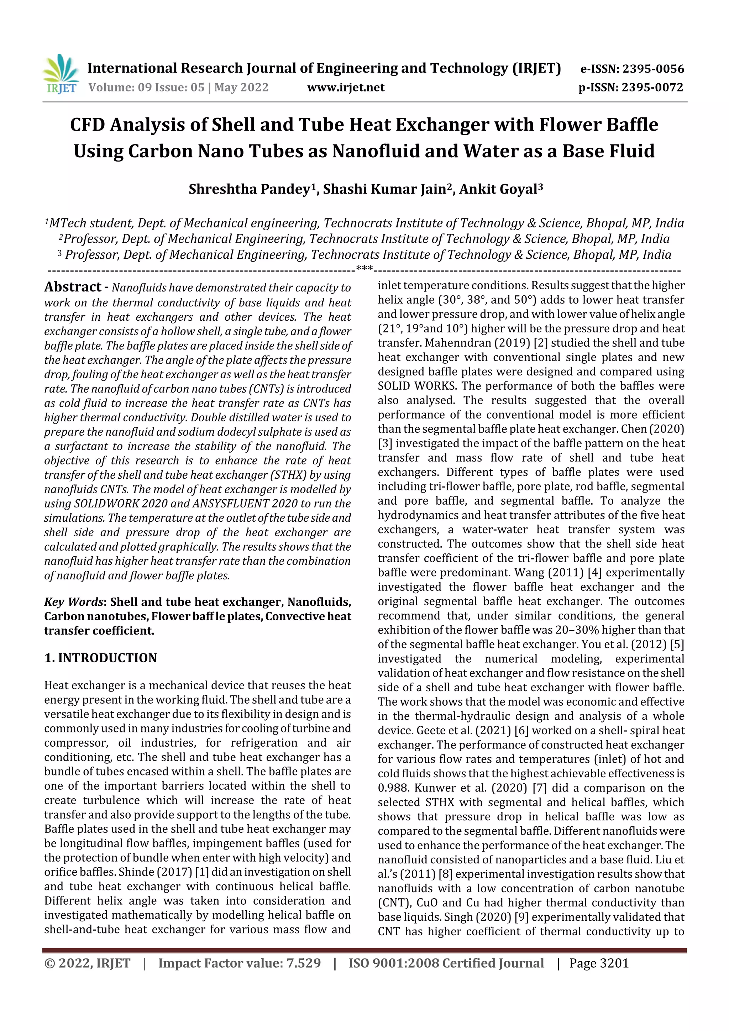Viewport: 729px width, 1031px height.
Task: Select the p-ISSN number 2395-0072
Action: [x=652, y=87]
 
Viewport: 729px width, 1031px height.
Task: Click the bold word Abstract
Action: [x=73, y=287]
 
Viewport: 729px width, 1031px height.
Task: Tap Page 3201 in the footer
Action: [x=599, y=963]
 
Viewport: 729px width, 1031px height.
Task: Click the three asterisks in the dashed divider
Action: [x=364, y=269]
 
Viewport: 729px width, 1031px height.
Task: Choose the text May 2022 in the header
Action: [x=241, y=87]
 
